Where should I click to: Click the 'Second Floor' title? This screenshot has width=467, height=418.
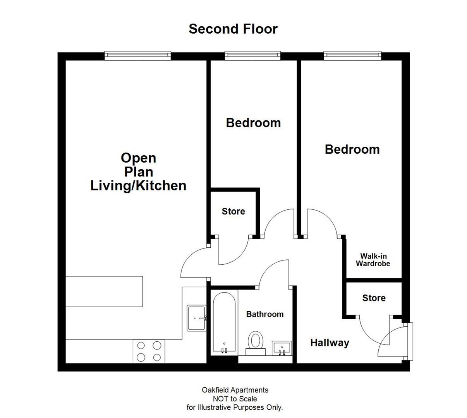pos(233,29)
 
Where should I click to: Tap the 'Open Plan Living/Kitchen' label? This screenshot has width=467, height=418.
pos(138,172)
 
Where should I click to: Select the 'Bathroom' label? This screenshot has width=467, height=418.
pos(264,314)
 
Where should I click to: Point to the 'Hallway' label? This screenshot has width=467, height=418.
pos(330,343)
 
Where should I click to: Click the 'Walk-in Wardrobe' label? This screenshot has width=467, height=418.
pos(373,260)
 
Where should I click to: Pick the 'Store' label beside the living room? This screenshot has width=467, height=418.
pos(233,211)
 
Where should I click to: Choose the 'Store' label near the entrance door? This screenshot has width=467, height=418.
pos(374,298)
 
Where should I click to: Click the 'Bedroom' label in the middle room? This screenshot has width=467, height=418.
pos(253,123)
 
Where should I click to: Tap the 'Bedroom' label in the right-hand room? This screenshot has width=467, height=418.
pos(352,149)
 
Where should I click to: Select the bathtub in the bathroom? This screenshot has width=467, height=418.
pos(224,322)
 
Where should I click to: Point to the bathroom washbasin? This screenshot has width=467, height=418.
pos(282,348)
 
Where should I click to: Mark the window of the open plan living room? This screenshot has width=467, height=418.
pos(138,56)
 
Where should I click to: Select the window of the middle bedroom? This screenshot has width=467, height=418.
pos(252,56)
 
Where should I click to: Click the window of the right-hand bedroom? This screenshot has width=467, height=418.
pos(352,56)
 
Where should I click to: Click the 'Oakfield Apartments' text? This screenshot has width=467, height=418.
pos(235,390)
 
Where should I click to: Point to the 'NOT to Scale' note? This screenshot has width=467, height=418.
pos(235,399)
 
